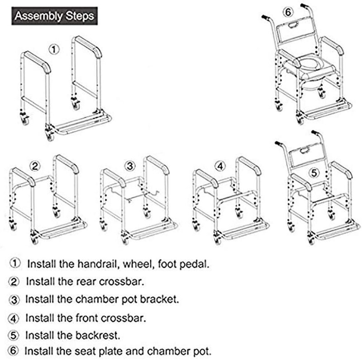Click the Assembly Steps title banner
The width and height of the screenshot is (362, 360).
point(54,16)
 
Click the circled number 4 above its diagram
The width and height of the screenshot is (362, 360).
point(220,166)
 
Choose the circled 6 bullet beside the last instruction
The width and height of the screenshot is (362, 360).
point(15,351)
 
